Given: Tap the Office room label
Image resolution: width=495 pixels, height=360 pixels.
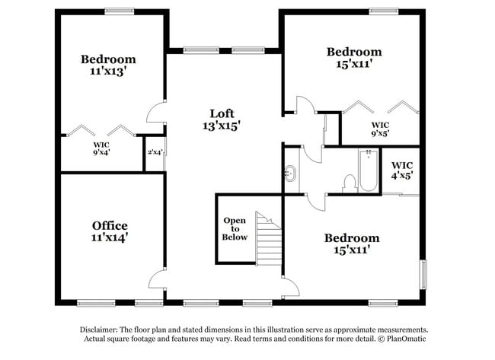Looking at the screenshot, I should [110, 225].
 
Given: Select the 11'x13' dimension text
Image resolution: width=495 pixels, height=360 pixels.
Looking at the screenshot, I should [109, 72].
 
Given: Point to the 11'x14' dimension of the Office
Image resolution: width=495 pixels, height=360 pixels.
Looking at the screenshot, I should [110, 237].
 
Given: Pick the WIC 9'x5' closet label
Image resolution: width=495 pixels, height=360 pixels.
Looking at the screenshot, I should [380, 129].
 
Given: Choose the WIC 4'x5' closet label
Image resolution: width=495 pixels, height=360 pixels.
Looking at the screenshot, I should [402, 170].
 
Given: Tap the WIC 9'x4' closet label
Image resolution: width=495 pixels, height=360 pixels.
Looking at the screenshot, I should [101, 148].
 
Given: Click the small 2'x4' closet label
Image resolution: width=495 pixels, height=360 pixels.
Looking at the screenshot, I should [155, 151].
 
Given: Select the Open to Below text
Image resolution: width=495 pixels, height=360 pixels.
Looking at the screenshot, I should [235, 228].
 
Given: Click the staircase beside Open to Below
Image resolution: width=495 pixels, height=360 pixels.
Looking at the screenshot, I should [269, 237].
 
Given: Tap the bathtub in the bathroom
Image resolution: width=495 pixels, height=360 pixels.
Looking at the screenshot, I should [368, 170].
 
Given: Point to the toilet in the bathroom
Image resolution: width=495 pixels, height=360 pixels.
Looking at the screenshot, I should [350, 183].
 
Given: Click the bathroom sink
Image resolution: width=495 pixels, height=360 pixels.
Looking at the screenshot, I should [291, 174].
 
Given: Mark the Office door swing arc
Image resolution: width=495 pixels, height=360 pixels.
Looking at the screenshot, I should [156, 279].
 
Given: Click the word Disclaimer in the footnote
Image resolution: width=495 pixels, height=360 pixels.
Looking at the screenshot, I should [104, 330].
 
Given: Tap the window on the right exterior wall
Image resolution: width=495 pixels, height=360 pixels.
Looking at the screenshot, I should [424, 274].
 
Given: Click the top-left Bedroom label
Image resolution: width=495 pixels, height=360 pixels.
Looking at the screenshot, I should [109, 59].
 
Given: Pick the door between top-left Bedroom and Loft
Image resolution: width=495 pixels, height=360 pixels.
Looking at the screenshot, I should [155, 113].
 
